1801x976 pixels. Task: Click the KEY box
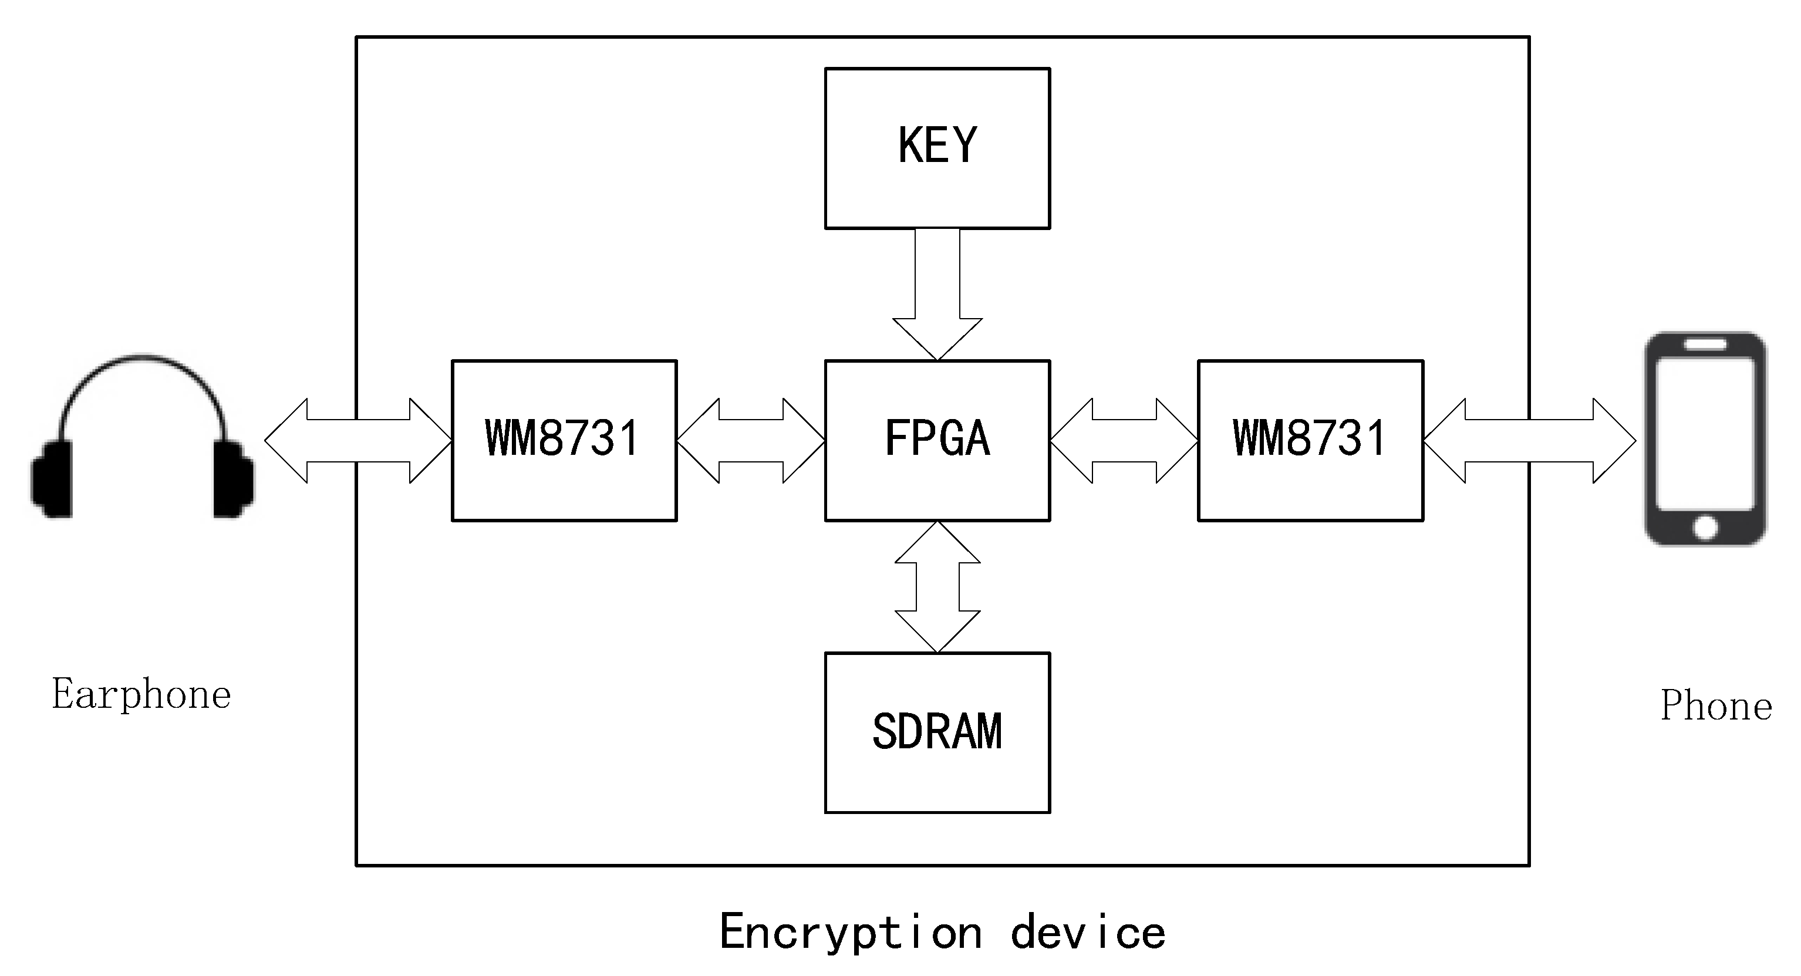pyautogui.click(x=937, y=148)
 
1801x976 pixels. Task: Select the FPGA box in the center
pyautogui.click(x=937, y=440)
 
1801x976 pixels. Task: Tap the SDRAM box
pyautogui.click(x=937, y=732)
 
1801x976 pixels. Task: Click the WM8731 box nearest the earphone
pyautogui.click(x=564, y=440)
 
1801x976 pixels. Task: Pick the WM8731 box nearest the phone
pyautogui.click(x=1310, y=440)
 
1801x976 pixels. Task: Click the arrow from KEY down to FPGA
pyautogui.click(x=937, y=293)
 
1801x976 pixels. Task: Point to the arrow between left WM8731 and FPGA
pyautogui.click(x=751, y=440)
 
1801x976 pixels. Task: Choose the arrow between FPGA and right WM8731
pyautogui.click(x=1124, y=440)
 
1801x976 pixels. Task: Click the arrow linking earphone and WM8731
pyautogui.click(x=358, y=440)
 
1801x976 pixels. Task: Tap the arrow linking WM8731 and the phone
pyautogui.click(x=1529, y=440)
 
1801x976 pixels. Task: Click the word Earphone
pyautogui.click(x=141, y=695)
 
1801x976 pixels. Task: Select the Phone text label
pyautogui.click(x=1716, y=706)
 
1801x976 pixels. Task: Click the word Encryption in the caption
pyautogui.click(x=850, y=933)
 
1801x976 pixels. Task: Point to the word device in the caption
pyautogui.click(x=1088, y=933)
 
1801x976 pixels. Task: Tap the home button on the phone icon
pyautogui.click(x=1705, y=527)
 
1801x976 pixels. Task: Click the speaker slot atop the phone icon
pyautogui.click(x=1705, y=345)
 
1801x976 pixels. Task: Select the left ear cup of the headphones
pyautogui.click(x=52, y=479)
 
